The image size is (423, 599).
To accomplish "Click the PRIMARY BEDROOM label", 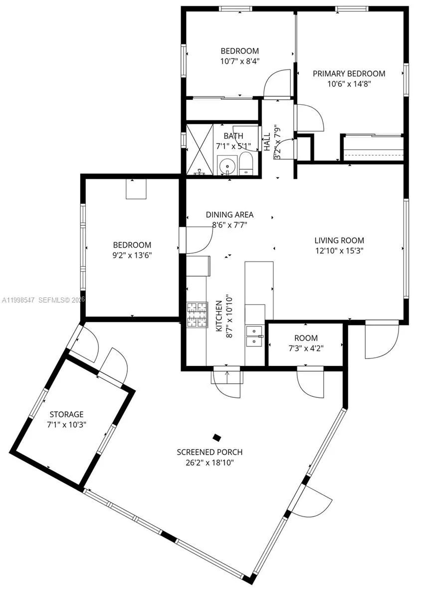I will pyautogui.click(x=349, y=73).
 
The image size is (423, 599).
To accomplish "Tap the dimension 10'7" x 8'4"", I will pyautogui.click(x=240, y=61).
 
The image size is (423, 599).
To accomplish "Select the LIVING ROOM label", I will pyautogui.click(x=339, y=240).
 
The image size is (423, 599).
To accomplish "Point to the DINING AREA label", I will pyautogui.click(x=229, y=215).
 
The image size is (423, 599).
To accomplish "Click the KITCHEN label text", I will pyautogui.click(x=218, y=317).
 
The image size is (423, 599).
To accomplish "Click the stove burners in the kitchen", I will pyautogui.click(x=197, y=315).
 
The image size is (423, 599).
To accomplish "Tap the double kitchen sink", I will pyautogui.click(x=254, y=336).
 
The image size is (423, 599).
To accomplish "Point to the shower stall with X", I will pyautogui.click(x=199, y=148).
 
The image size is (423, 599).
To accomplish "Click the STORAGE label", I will pyautogui.click(x=66, y=414).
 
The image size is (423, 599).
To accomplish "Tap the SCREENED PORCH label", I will pyautogui.click(x=210, y=452).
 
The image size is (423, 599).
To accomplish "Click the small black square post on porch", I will pyautogui.click(x=216, y=438).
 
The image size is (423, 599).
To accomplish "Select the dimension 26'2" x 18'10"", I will pyautogui.click(x=210, y=463).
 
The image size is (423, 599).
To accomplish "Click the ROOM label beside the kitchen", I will pyautogui.click(x=306, y=338).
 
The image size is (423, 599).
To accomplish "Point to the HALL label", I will pyautogui.click(x=267, y=142).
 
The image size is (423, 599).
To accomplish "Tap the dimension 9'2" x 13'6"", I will pyautogui.click(x=132, y=255).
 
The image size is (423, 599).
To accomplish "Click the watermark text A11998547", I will pyautogui.click(x=18, y=299).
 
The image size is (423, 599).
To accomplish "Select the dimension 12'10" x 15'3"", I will pyautogui.click(x=339, y=251).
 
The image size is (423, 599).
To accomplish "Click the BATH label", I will pyautogui.click(x=233, y=136).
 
